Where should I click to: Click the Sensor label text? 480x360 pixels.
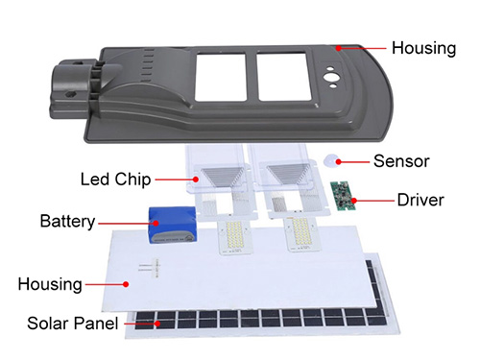point(401,161)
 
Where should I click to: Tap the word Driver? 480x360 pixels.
point(420,200)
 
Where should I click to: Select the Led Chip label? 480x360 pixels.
point(115,180)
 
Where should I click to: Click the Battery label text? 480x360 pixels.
point(67,221)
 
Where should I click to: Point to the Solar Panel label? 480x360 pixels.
point(73,324)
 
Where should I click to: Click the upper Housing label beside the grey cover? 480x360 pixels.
point(423,48)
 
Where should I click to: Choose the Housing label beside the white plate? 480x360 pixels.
point(50,284)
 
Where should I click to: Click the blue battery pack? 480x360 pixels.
point(173,225)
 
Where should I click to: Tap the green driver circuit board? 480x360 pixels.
point(343,196)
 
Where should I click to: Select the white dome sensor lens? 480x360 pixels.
point(332,160)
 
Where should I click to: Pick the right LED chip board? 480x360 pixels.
point(302,233)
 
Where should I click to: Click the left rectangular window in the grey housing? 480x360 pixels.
point(221,78)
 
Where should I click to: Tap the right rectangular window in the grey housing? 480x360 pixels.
point(284,77)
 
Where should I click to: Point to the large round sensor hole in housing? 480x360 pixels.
point(329,77)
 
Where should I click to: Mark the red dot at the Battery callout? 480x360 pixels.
point(156,223)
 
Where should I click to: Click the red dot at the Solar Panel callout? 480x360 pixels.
point(157,324)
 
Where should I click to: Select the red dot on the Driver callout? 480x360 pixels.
point(353,201)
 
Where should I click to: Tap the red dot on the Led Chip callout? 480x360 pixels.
point(196,180)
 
